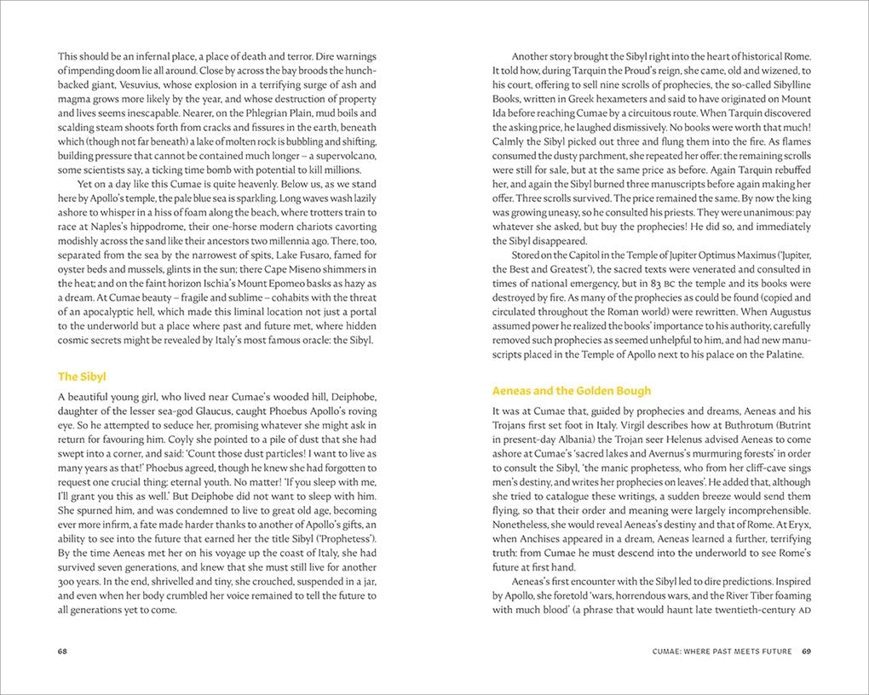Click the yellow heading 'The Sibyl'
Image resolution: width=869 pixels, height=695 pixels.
(x=82, y=376)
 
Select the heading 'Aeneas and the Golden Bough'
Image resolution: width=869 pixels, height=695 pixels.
(x=572, y=390)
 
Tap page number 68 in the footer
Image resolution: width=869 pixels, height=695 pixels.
(x=63, y=652)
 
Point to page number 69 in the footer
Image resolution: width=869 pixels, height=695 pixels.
(x=805, y=652)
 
